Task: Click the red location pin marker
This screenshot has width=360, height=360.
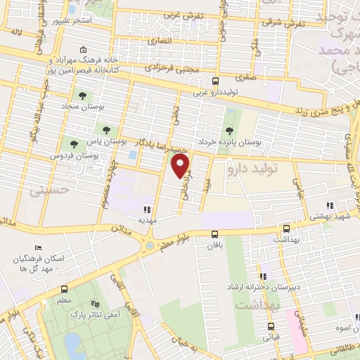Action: (x=181, y=165)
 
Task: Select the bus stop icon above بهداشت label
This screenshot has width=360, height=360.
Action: (x=285, y=229)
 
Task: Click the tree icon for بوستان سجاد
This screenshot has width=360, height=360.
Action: (x=82, y=96)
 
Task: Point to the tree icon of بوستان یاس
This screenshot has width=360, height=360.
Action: (x=106, y=129)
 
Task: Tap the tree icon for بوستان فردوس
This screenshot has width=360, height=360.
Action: (x=74, y=144)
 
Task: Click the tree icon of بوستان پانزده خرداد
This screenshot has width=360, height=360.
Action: (x=229, y=130)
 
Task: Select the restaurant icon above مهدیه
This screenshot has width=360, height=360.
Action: (x=147, y=209)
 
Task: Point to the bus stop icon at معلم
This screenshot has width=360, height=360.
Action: (x=65, y=290)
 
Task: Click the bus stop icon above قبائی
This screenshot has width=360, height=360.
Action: (x=271, y=326)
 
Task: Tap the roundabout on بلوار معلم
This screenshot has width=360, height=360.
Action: (x=148, y=245)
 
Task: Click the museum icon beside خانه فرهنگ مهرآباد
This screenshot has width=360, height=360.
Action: (x=84, y=49)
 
